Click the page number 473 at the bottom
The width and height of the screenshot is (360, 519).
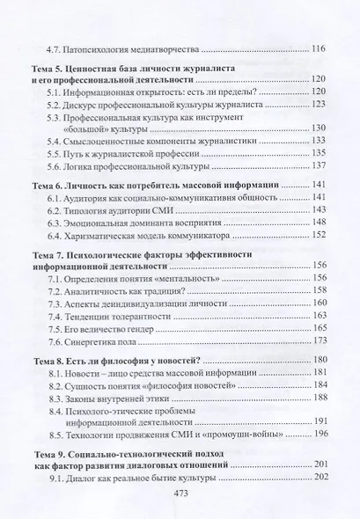(180, 495)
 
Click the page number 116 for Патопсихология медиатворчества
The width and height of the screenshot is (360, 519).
(314, 48)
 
